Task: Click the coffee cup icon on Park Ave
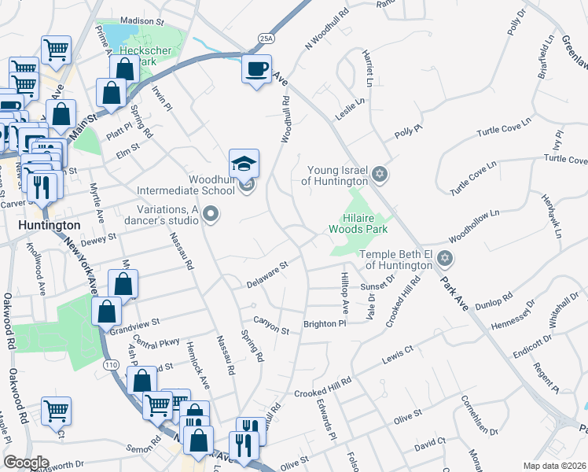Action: [x=257, y=70]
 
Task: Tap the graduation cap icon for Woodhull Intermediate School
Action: [x=244, y=164]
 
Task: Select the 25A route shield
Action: [x=266, y=38]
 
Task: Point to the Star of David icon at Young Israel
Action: [x=379, y=173]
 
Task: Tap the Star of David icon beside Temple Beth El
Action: [x=445, y=259]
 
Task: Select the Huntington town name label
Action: [x=46, y=224]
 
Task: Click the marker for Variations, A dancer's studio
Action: [x=210, y=214]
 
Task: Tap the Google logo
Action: [x=26, y=463]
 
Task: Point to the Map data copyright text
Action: [x=553, y=465]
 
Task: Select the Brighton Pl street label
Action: [x=325, y=323]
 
